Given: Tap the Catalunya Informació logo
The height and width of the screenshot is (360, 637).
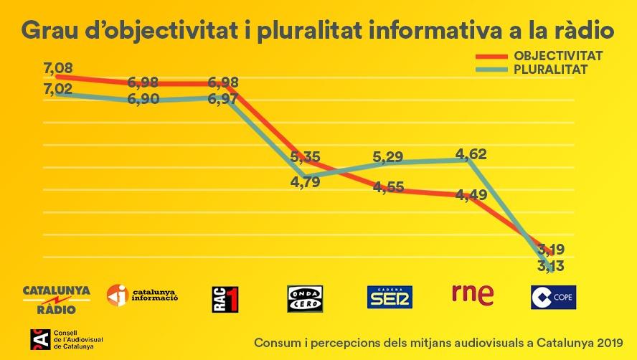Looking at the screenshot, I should (x=142, y=295).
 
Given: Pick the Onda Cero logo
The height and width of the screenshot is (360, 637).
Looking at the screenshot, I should (x=305, y=298).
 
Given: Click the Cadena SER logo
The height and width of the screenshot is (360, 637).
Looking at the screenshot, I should (x=390, y=297).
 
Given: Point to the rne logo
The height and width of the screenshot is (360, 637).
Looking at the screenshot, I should (x=473, y=293).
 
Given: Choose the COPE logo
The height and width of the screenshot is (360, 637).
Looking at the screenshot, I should (x=553, y=297).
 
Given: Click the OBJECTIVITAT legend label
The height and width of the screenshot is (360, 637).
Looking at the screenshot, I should (x=558, y=56).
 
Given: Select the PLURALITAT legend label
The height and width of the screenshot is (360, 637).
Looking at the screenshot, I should (x=551, y=70).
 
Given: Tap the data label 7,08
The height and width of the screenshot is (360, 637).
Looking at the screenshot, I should (x=59, y=69).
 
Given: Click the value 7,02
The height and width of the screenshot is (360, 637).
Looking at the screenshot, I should (x=59, y=90).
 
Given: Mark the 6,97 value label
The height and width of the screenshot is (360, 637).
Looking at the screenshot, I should (x=223, y=99).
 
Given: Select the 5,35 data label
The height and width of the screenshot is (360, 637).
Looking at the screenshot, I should (x=305, y=156).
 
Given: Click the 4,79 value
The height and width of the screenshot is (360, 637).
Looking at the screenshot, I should (x=305, y=181).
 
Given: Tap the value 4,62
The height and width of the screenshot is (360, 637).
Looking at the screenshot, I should (x=472, y=153).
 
